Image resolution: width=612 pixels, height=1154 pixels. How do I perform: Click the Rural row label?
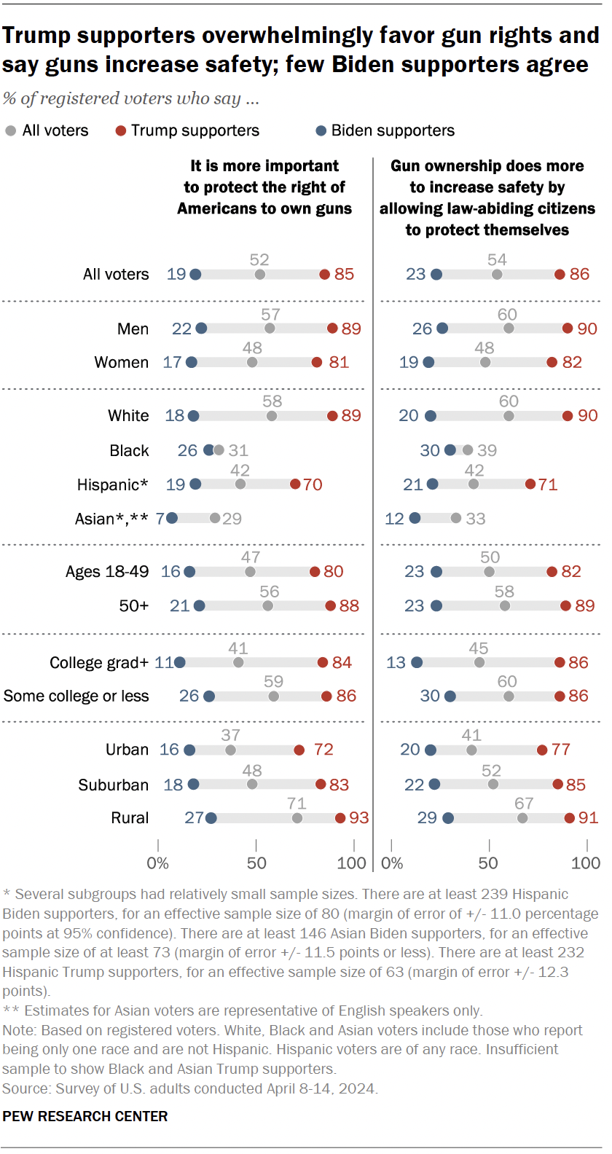point(130,818)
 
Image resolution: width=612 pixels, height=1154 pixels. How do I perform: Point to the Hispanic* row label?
point(112,484)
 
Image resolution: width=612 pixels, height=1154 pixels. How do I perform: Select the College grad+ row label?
point(98,662)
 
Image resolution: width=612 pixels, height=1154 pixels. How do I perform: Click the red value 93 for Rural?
point(359,817)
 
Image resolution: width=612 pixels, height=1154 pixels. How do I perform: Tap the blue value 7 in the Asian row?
point(160,519)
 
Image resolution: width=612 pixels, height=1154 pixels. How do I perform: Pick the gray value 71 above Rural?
point(297,803)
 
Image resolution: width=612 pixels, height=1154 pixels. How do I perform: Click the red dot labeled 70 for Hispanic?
point(295,484)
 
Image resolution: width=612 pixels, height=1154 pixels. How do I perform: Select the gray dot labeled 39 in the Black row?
point(468,450)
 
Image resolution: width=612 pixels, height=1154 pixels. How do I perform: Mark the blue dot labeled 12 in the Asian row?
point(415,519)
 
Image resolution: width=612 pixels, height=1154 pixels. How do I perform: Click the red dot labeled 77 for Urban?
point(542,750)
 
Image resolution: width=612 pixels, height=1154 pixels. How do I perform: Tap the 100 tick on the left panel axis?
point(352,863)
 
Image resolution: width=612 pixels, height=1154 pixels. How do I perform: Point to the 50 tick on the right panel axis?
point(488,863)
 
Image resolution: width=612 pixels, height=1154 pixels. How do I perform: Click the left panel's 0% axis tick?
point(158,863)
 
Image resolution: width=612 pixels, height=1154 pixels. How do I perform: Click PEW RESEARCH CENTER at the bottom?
point(85,1116)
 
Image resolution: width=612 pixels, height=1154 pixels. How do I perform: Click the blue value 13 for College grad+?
point(396,662)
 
